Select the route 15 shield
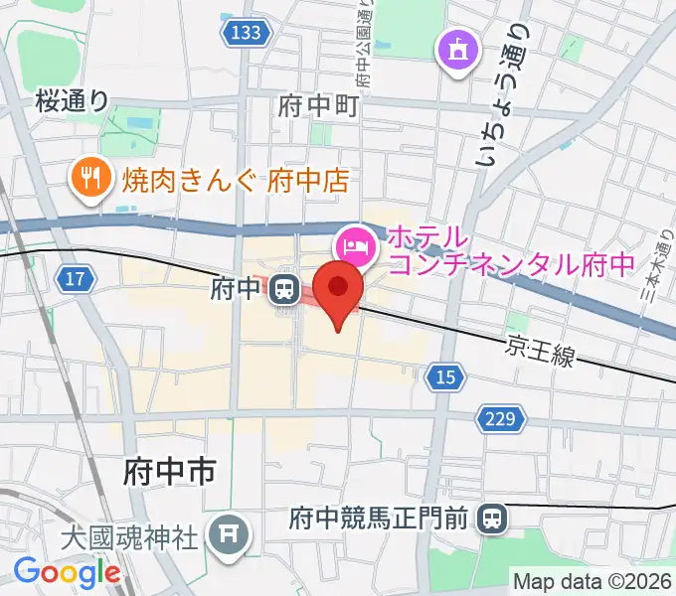[x=446, y=376]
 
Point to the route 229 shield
[x=500, y=418]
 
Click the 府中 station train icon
[x=285, y=290]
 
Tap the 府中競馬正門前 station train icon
[x=490, y=518]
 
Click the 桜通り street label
[x=72, y=99]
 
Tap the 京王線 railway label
[x=540, y=351]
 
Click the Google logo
[x=66, y=572]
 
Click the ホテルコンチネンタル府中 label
[x=510, y=251]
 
